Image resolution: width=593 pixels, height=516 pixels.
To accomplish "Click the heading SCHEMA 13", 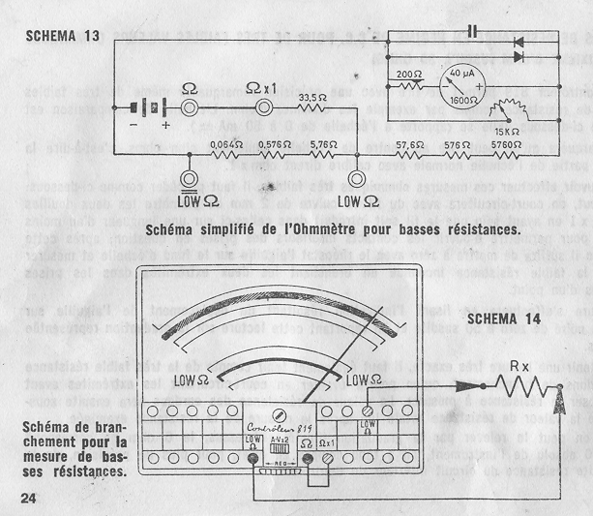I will (x=64, y=36).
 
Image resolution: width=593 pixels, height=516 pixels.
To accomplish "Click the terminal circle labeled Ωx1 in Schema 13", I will (x=263, y=109).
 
